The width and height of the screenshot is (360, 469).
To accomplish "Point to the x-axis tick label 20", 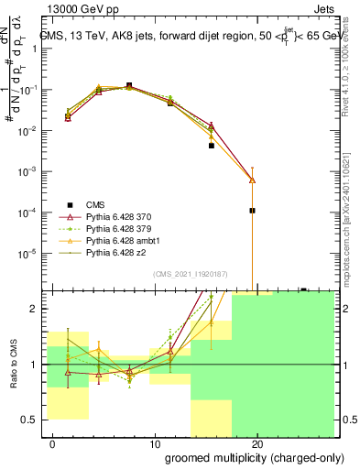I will point(258,444).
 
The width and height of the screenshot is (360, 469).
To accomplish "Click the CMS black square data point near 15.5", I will point(211,146).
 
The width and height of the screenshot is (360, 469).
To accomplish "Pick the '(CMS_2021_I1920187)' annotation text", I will point(190,274).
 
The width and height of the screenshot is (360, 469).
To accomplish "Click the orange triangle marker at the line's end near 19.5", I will point(252,180).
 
